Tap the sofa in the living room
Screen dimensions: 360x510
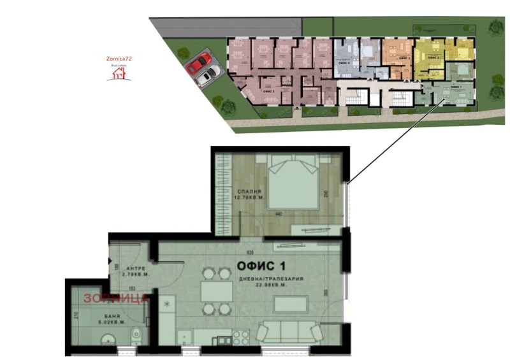pos(288,333)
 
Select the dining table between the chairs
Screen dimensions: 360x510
pos(217,292)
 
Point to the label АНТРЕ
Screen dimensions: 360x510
pos(137,268)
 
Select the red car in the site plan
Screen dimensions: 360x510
pos(199,63)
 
